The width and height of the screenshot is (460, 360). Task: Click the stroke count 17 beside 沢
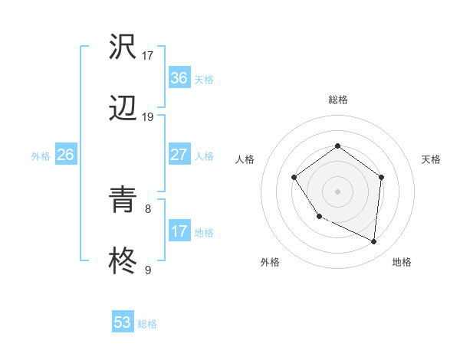coord(148,56)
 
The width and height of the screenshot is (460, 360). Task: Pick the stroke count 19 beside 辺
coord(148,116)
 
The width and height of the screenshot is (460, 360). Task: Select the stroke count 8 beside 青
coord(148,208)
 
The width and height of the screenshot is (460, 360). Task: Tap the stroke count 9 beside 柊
coord(148,269)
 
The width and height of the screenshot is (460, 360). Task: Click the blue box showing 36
coord(179,78)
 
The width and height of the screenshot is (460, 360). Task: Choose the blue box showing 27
coord(179,155)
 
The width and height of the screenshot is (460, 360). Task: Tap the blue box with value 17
coord(179,231)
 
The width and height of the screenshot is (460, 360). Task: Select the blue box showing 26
coord(65,155)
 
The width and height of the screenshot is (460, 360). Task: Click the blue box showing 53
coord(123,322)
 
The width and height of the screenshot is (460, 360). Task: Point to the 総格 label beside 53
coord(147,324)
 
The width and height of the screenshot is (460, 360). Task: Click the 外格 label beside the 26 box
coord(41,156)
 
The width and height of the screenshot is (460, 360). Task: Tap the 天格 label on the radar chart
coord(431,159)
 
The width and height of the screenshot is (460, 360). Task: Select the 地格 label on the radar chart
coord(402,262)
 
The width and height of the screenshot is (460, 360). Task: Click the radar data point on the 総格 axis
coord(337,146)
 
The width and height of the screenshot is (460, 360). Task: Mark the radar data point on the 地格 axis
coord(373,241)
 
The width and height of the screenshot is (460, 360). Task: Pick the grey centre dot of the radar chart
coord(337,191)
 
